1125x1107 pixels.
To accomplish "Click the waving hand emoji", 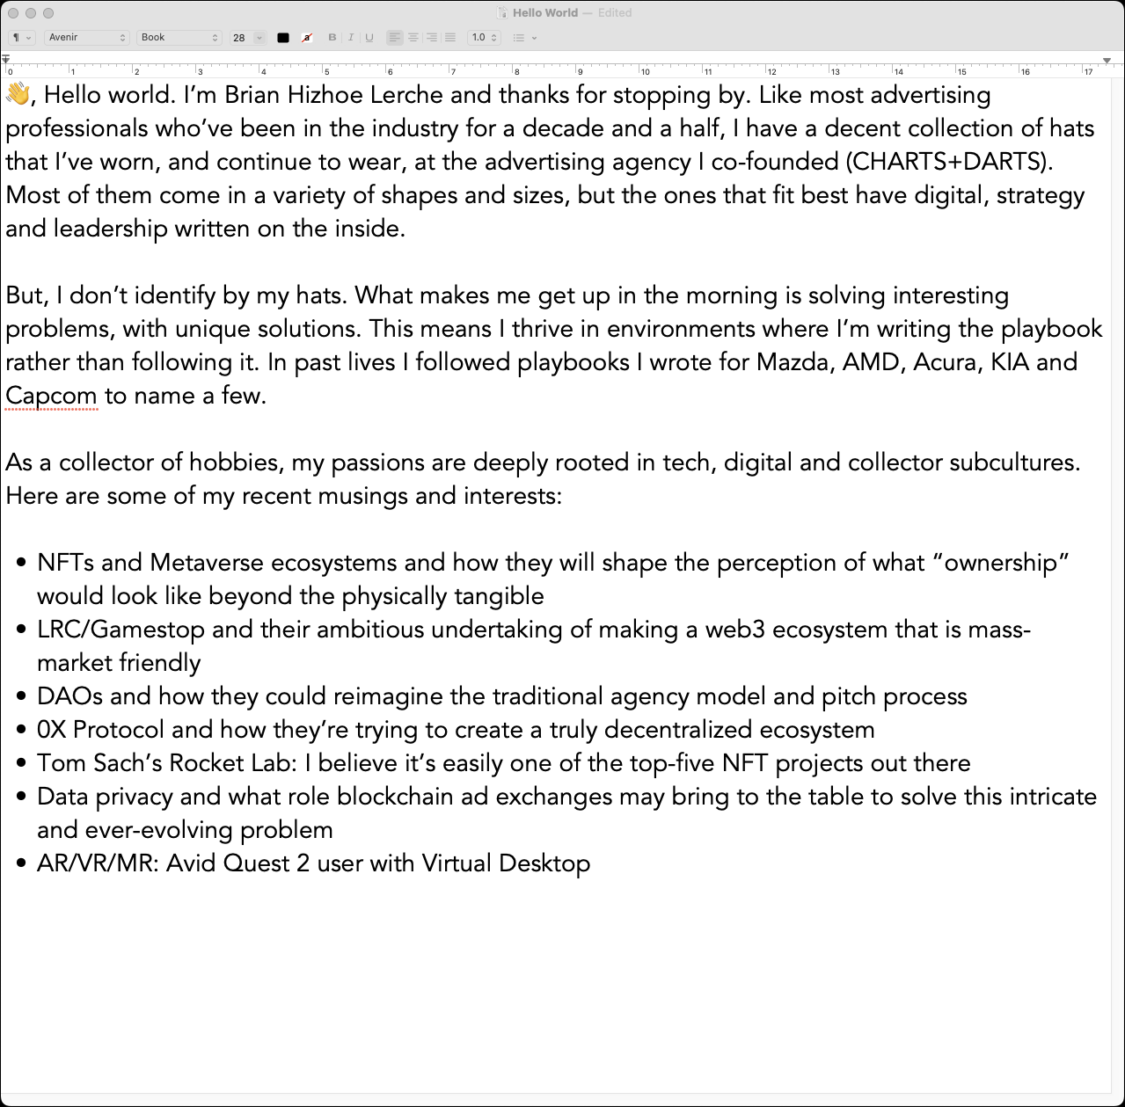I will (x=18, y=94).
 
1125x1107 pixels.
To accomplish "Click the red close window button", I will (x=13, y=13).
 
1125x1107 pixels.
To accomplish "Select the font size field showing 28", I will (x=240, y=38).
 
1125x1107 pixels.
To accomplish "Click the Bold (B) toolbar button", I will (x=332, y=38).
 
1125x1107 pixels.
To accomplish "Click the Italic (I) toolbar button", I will (x=350, y=38).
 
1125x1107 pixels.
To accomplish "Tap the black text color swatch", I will (x=283, y=38).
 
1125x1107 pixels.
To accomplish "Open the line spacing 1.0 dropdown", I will (x=484, y=38).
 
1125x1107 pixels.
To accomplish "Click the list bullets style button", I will (x=524, y=38).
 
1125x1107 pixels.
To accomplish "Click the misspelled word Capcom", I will (x=51, y=396).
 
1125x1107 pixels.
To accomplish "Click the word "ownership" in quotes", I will (x=1007, y=563).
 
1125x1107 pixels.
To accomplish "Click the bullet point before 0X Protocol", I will (x=21, y=731).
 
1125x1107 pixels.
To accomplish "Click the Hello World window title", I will (x=545, y=13).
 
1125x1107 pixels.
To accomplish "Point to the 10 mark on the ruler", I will (x=645, y=71).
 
